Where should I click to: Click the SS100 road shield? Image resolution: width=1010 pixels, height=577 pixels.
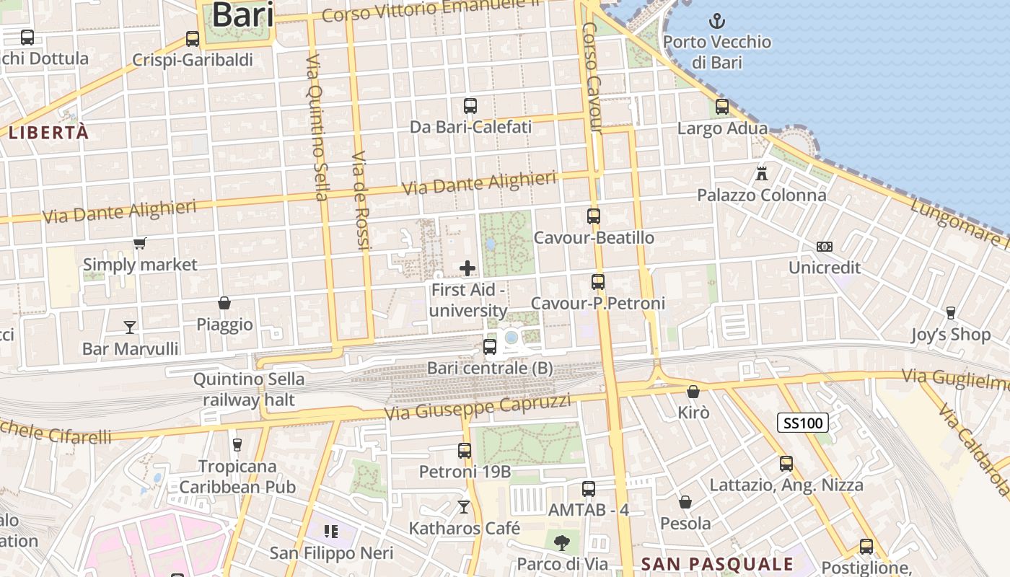click(802, 423)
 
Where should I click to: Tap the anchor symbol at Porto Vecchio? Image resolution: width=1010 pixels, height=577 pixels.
click(716, 21)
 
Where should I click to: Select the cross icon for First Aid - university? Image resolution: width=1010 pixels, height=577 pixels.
click(467, 268)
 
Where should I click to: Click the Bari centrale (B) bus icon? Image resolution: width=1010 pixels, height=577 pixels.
click(490, 347)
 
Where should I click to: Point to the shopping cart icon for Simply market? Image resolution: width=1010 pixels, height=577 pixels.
click(140, 244)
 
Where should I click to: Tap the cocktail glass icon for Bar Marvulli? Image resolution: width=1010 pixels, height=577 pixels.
click(130, 327)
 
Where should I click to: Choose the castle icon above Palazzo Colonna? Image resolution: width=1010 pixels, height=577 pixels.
click(762, 173)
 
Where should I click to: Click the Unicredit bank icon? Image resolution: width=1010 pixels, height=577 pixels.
click(825, 247)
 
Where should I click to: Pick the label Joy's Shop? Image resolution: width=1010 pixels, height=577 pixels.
click(950, 335)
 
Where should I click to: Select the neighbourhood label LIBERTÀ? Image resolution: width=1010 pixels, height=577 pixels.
click(49, 133)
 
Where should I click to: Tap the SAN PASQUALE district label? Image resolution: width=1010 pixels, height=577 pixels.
click(717, 564)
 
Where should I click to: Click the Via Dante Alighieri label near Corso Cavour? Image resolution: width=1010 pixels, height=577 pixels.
click(480, 183)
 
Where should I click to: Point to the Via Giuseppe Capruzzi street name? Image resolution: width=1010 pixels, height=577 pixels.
click(478, 408)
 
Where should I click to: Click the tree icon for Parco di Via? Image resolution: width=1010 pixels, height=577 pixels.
click(562, 542)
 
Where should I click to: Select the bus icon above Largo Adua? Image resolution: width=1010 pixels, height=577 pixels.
click(722, 107)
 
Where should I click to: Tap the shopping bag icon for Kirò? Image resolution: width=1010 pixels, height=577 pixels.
click(693, 392)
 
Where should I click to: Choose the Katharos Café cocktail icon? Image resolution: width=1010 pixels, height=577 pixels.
click(464, 507)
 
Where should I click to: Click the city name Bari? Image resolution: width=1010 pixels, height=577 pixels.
click(242, 15)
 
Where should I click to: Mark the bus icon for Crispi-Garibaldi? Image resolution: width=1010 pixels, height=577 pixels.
click(193, 39)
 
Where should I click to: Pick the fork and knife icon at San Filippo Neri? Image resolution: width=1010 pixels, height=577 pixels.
click(331, 532)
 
